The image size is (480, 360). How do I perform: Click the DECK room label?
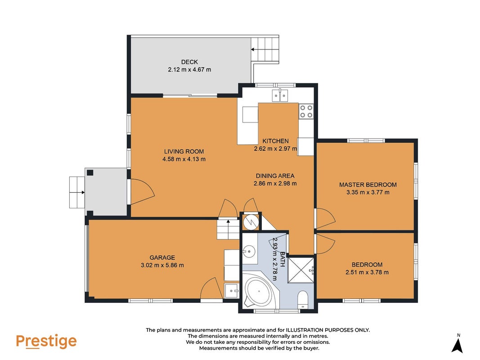tap(189, 62)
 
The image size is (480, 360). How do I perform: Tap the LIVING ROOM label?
tap(184, 151)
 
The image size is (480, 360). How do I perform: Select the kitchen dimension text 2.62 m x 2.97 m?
tap(275, 149)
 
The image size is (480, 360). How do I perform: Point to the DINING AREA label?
tap(275, 175)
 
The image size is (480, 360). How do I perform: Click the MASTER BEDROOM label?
tap(368, 184)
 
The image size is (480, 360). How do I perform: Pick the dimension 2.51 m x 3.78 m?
tap(367, 272)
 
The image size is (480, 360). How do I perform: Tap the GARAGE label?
tap(162, 257)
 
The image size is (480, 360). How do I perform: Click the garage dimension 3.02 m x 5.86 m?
tap(162, 265)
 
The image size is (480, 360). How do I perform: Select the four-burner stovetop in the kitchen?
tap(306, 111)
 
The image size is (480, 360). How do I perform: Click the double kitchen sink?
tap(280, 95)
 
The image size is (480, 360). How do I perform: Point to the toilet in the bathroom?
tap(303, 300)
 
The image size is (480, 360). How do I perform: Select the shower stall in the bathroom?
tap(301, 270)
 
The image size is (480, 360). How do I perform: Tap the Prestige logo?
tap(46, 342)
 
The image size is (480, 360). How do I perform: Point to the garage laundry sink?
tap(232, 291)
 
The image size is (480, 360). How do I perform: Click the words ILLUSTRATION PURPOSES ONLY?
tap(327, 330)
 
